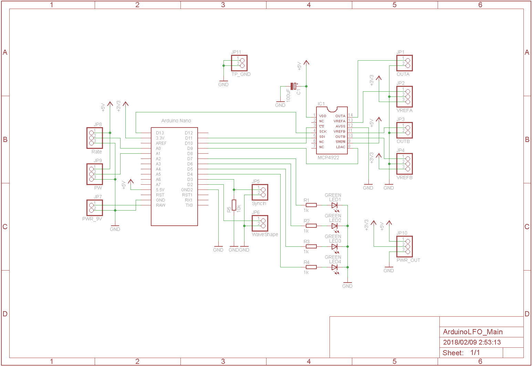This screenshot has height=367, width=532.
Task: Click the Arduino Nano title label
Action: point(176,121)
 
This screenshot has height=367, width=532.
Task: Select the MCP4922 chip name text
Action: point(328,157)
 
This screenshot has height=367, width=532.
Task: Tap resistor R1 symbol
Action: point(311,205)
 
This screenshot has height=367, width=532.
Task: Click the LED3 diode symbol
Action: point(334,247)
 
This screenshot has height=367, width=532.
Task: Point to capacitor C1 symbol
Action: point(293,86)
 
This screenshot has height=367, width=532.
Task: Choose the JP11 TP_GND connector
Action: point(239,63)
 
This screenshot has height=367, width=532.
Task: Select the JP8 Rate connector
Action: point(94,138)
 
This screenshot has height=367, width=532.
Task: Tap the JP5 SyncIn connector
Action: point(260,192)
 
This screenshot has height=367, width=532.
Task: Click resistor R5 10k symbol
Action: point(234,205)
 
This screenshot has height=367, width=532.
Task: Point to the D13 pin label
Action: point(160,133)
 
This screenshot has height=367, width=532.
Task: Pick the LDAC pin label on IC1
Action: point(340,147)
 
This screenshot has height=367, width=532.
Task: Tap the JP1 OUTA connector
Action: point(405,63)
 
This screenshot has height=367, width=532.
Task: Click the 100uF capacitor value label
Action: point(289,95)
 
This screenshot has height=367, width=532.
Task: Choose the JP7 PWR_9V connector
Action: point(94,208)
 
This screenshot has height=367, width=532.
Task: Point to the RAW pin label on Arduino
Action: point(160,205)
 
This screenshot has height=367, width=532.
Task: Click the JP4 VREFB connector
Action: point(405,164)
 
